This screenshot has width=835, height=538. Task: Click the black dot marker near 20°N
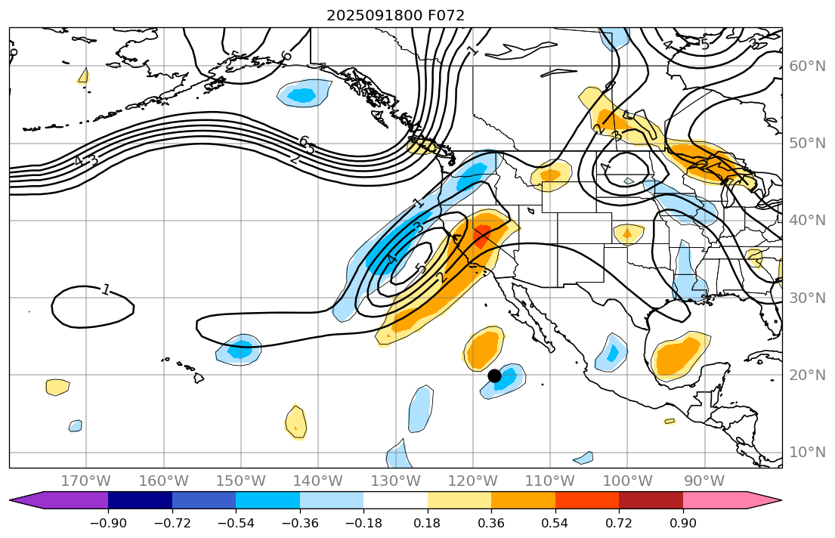(495, 376)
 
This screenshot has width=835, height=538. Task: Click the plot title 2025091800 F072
(395, 15)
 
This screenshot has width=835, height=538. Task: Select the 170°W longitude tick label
(86, 481)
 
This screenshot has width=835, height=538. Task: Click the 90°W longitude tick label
(704, 481)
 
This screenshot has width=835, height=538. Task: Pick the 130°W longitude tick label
(395, 481)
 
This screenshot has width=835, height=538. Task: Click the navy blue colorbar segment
(140, 500)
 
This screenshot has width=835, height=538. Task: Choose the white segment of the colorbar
(395, 500)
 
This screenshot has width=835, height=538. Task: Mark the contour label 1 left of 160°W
(106, 289)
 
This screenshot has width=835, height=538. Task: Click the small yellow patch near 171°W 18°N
(57, 387)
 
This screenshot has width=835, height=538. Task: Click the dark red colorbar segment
(651, 500)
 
